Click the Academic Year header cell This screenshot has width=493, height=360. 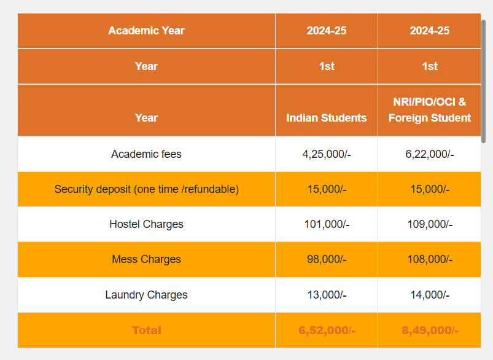point(146,31)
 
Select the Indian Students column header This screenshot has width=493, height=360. point(326,117)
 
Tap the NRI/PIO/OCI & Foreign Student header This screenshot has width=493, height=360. point(429,109)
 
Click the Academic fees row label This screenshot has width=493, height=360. point(146,154)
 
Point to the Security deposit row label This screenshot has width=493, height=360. point(146,189)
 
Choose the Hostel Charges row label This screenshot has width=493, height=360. point(146,224)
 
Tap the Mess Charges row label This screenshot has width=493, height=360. point(146,259)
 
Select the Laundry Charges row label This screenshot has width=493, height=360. point(146,295)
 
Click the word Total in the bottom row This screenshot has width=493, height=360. point(146,331)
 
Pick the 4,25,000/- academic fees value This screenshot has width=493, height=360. point(326,154)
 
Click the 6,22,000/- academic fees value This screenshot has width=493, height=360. point(429,154)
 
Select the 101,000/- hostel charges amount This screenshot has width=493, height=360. point(327,224)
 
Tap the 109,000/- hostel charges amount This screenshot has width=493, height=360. point(430,224)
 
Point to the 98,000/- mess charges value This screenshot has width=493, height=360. point(327,259)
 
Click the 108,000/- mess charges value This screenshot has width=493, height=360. point(430,259)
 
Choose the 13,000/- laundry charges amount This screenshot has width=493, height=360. point(327,295)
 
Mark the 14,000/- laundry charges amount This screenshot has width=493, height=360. point(430,295)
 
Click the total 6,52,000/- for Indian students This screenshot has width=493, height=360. point(327,331)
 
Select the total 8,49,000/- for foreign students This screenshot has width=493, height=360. point(430,331)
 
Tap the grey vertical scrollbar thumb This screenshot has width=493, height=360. point(483,80)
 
